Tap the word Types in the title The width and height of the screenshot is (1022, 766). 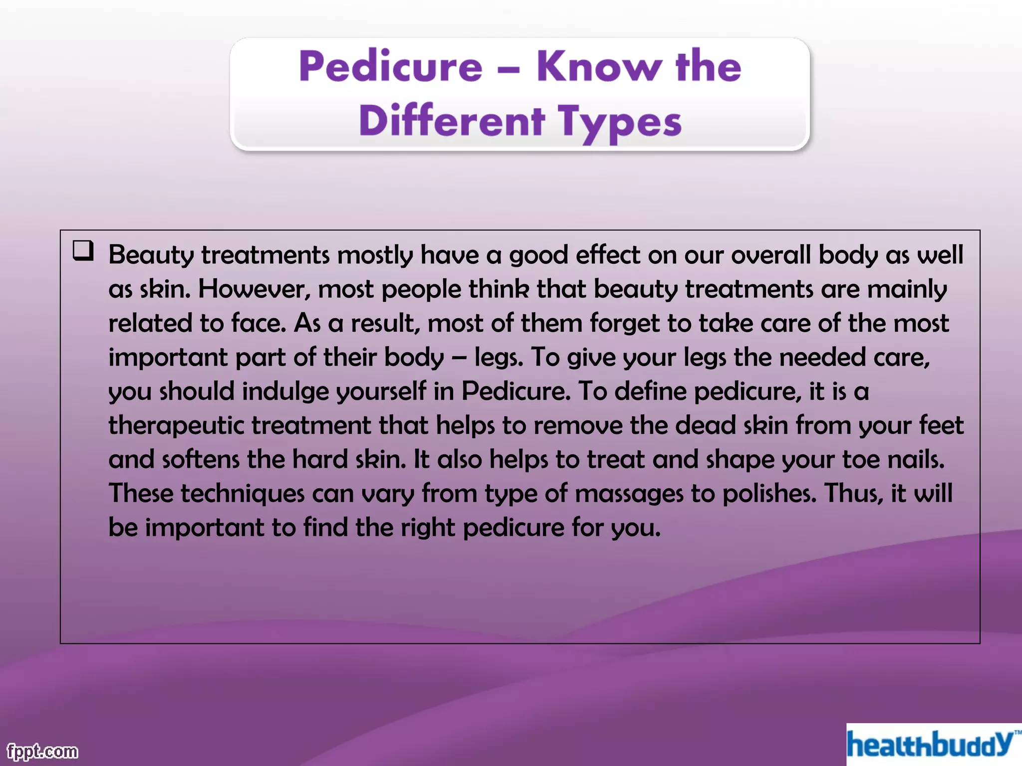point(619,122)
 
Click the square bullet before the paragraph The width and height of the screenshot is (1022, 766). point(83,250)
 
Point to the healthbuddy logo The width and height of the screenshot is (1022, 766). point(931,745)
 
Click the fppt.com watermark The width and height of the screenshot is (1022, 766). point(42,751)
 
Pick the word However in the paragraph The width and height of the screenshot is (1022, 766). point(254,289)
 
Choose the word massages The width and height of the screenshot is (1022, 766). point(629,494)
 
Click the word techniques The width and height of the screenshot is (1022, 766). point(242,494)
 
